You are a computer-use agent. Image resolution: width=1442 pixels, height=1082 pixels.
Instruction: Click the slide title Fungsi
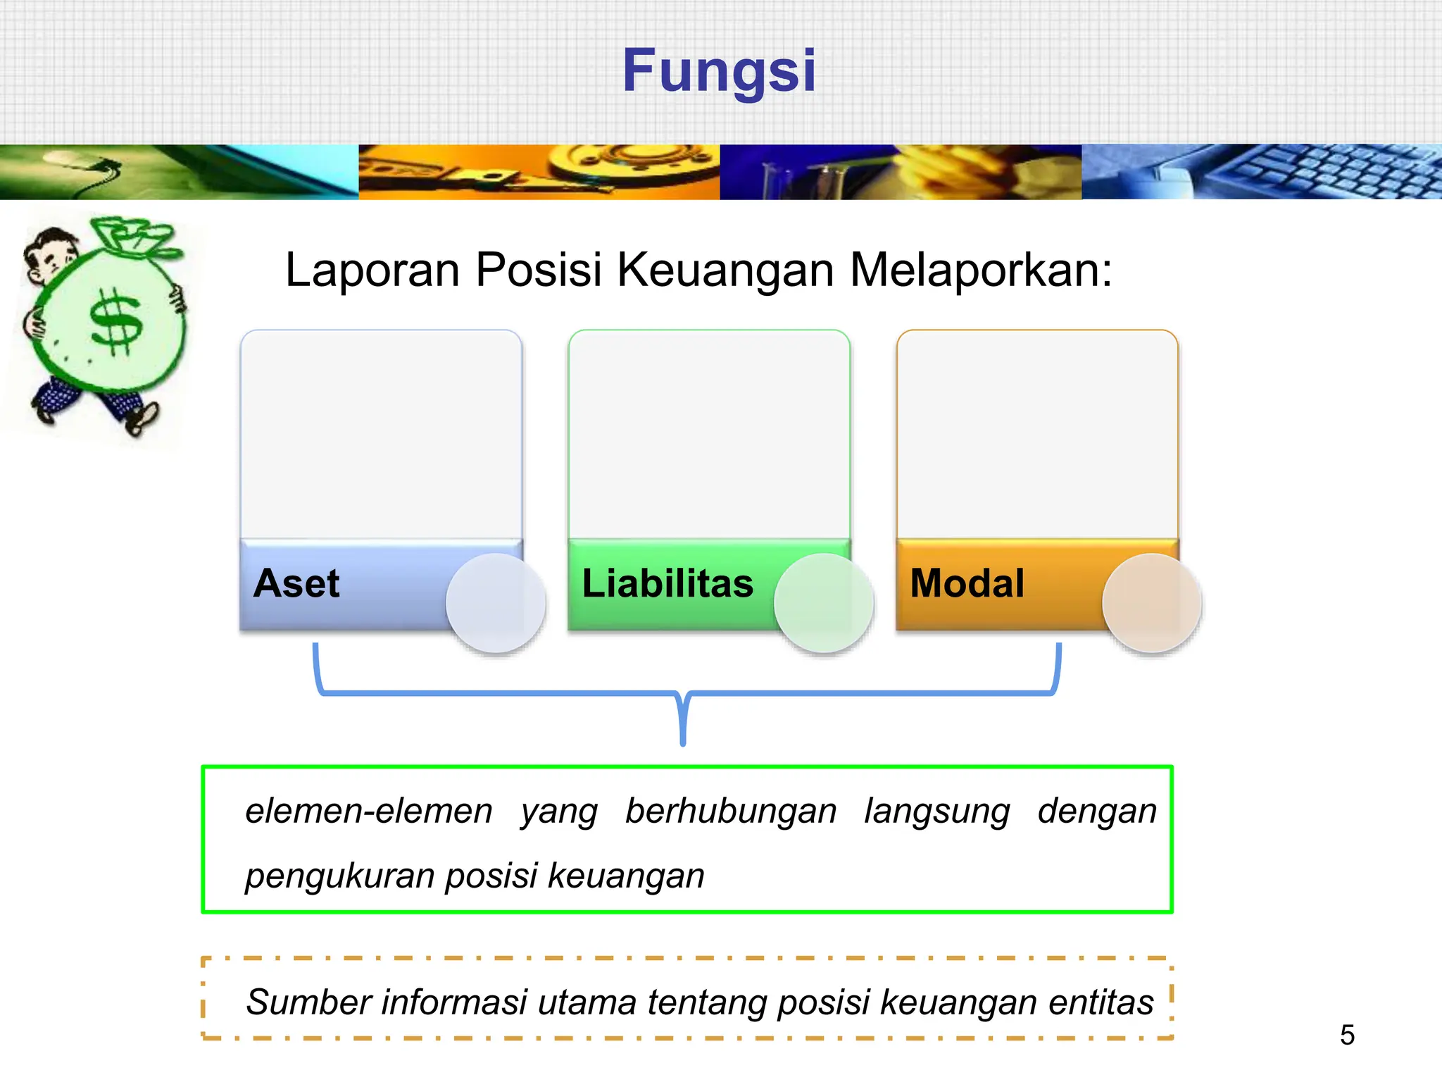coord(719,70)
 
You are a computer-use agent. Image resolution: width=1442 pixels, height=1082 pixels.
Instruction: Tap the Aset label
coord(296,583)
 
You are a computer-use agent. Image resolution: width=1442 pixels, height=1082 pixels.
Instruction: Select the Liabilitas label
coord(667,583)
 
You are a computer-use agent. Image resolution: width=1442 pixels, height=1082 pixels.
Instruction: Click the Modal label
coord(967,583)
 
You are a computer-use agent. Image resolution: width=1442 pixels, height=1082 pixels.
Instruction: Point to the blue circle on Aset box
coord(496,603)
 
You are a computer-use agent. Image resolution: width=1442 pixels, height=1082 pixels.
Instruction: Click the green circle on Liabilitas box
coord(824,603)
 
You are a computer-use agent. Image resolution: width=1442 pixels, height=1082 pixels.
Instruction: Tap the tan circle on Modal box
coord(1152,603)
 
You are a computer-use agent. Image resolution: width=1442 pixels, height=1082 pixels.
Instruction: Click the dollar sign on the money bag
coord(117,323)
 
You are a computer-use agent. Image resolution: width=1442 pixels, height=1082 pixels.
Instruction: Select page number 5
coord(1347,1035)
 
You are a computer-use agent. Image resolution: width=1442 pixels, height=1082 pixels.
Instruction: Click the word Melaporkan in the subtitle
coord(980,270)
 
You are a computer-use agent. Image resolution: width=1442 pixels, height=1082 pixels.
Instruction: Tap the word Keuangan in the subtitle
coord(725,270)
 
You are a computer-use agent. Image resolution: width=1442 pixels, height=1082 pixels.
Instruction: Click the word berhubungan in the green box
coord(731,811)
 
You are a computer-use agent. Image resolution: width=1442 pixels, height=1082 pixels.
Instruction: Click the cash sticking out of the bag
coord(134,236)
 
